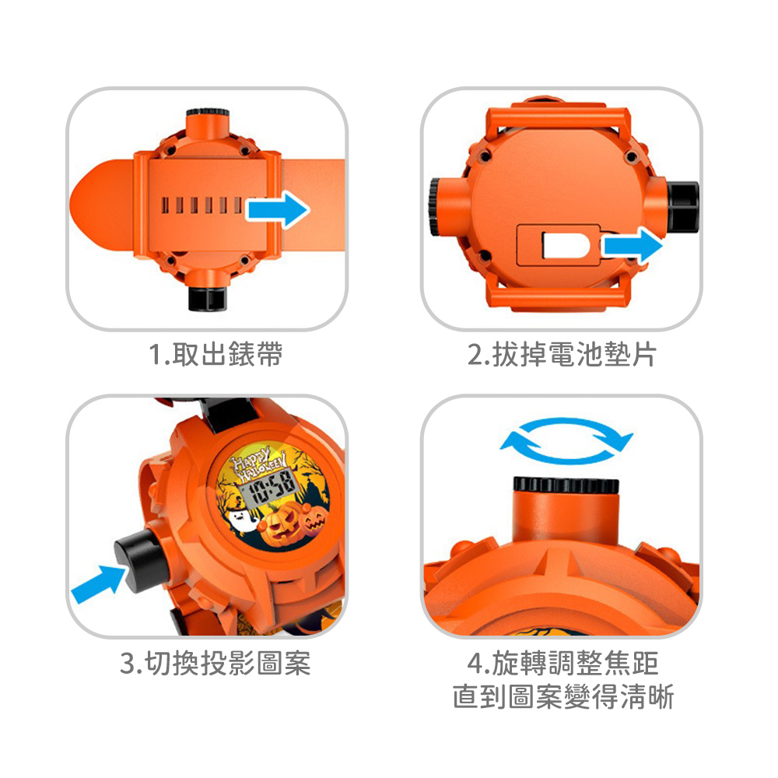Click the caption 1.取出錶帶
(x=216, y=354)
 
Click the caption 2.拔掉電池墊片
(x=562, y=354)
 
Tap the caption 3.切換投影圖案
(x=216, y=663)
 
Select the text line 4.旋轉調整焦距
(x=562, y=663)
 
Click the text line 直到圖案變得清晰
(x=562, y=696)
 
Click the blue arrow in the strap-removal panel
(x=279, y=209)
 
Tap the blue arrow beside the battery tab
(x=632, y=246)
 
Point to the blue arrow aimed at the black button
(x=98, y=583)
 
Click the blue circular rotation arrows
(x=566, y=440)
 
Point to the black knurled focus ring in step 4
(x=566, y=485)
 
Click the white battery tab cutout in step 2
(x=566, y=244)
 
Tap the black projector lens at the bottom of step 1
(x=208, y=298)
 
